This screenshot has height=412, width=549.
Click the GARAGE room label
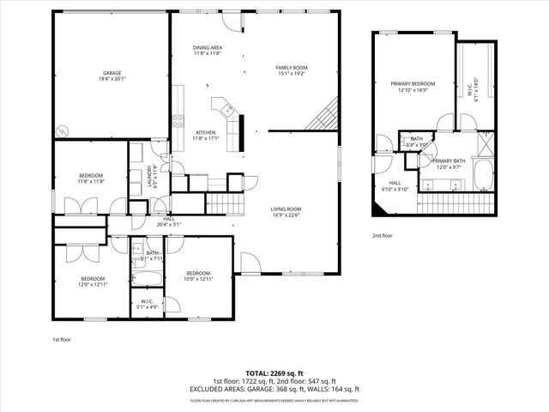click(112, 74)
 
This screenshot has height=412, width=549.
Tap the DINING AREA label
click(208, 48)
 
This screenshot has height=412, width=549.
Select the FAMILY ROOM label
click(291, 68)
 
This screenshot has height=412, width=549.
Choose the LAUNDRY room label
click(151, 177)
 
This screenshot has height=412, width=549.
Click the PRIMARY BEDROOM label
click(413, 84)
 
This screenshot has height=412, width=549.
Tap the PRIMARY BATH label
click(448, 161)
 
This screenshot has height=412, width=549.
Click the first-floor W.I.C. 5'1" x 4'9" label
click(142, 302)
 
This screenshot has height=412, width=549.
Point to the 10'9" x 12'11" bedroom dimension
click(199, 279)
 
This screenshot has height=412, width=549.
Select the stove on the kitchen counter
click(178, 119)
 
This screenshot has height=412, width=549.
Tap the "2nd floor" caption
click(383, 235)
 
